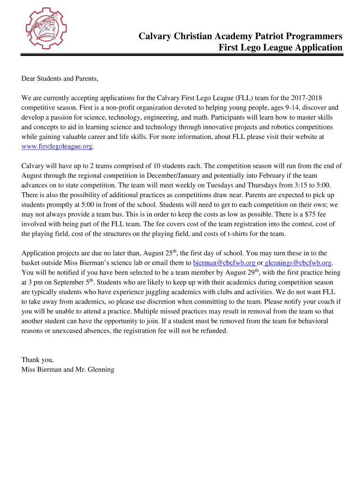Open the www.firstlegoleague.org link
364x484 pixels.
[x=57, y=146]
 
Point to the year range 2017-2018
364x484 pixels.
[x=307, y=98]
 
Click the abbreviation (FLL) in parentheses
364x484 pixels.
[x=241, y=98]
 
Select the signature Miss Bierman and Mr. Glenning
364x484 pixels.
[x=68, y=369]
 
